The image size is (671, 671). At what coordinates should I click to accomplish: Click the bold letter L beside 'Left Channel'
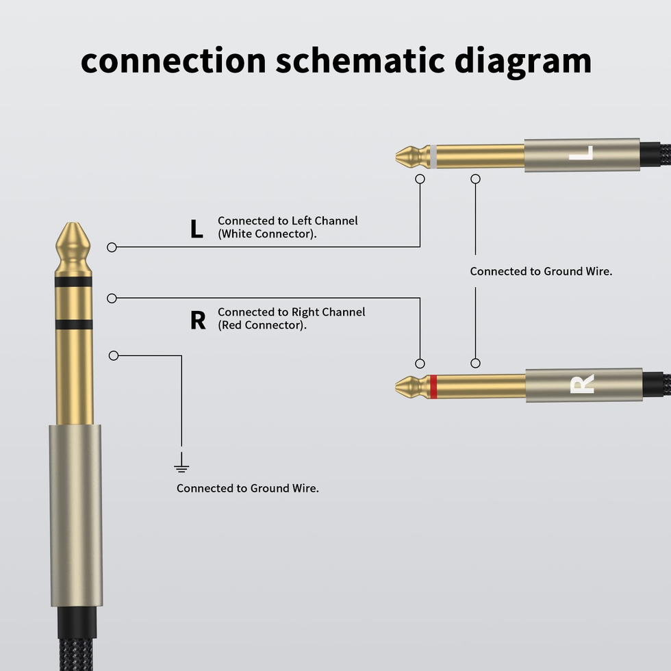click(197, 229)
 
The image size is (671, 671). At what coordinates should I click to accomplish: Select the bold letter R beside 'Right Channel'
click(197, 320)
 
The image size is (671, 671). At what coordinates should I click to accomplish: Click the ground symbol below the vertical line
click(181, 467)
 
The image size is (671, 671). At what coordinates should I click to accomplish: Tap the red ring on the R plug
click(433, 386)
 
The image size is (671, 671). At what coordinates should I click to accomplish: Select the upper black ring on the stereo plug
click(73, 281)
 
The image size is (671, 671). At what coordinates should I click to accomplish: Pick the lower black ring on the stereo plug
click(73, 325)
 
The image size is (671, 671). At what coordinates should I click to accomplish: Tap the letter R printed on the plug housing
click(582, 385)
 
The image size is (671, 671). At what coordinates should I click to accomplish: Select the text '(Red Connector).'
click(262, 325)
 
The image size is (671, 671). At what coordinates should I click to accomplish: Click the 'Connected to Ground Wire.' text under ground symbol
click(248, 488)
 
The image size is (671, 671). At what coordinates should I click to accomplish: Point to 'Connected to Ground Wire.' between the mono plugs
click(541, 271)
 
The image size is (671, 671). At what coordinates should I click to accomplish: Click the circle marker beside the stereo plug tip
click(112, 247)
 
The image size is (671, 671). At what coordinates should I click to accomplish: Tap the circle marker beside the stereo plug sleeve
click(114, 355)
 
